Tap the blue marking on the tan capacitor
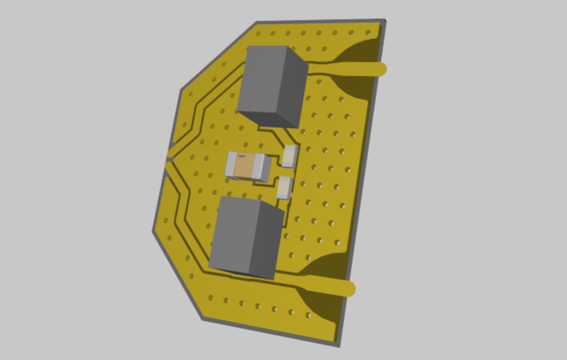[241, 156]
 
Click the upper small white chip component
[290, 156]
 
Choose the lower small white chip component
[284, 187]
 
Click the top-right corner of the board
[384, 20]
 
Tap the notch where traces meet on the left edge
[169, 157]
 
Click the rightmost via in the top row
[368, 33]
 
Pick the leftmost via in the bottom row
[211, 298]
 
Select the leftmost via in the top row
[258, 34]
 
